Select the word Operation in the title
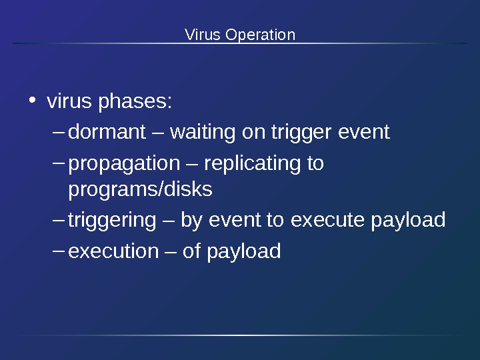[260, 35]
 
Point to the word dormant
[107, 133]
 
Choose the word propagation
[125, 163]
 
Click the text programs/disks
[141, 190]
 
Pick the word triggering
[112, 220]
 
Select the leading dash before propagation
[57, 161]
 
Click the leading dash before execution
[57, 249]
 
